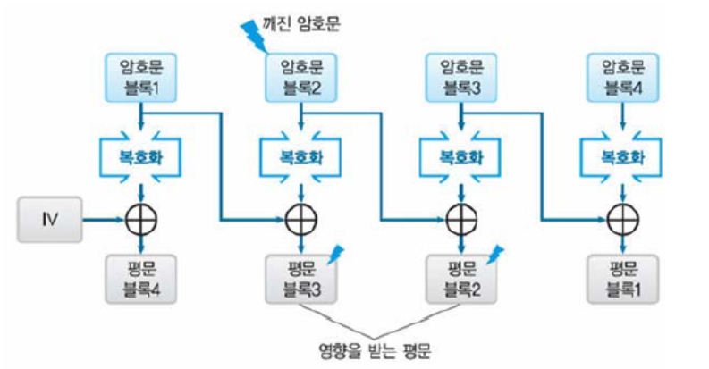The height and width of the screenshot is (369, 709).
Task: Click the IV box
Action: coord(48,217)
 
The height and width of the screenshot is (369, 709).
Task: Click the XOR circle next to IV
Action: coord(141,217)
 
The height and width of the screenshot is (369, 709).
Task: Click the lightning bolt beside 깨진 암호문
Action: coord(254,32)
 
